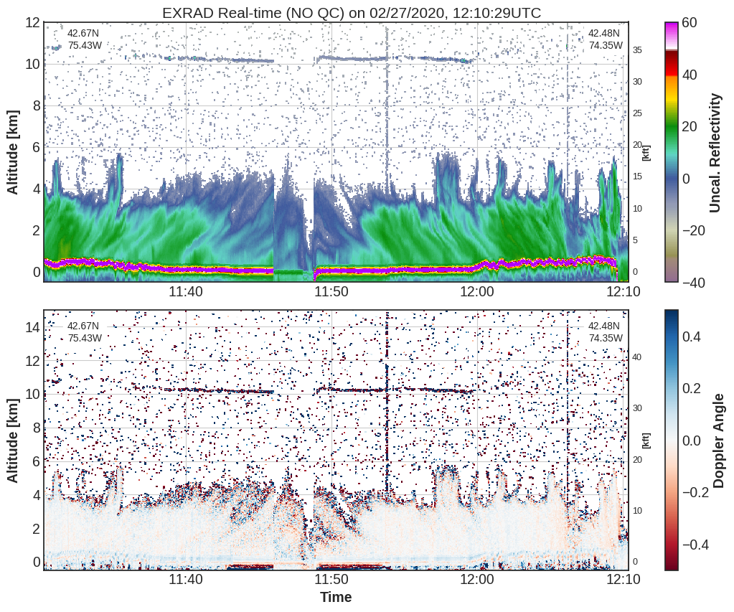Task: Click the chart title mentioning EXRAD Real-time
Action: (352, 13)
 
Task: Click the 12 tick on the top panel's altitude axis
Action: (32, 22)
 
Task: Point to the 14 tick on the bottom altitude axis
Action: (32, 327)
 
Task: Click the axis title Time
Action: (336, 598)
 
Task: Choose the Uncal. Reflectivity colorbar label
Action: (715, 153)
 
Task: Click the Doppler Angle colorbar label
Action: (718, 441)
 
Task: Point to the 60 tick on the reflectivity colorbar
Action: (690, 22)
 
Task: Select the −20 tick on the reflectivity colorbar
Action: (694, 230)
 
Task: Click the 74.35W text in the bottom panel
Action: (606, 338)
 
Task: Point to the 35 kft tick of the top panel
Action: (638, 50)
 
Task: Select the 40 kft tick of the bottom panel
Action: (637, 357)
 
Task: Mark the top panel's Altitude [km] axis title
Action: (13, 153)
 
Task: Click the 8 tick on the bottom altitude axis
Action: (36, 428)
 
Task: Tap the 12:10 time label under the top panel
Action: (623, 292)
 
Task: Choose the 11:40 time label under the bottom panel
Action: (186, 580)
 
